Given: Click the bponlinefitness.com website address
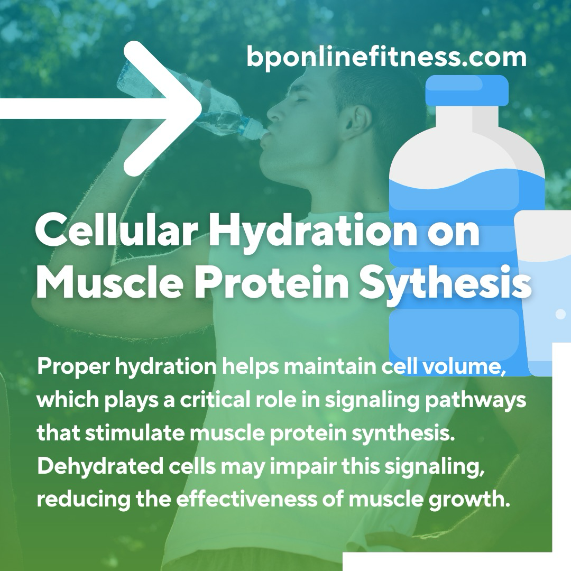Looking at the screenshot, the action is coord(386,57).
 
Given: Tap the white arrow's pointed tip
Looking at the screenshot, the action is coord(201,108).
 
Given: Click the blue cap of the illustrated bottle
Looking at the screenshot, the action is coord(467,90).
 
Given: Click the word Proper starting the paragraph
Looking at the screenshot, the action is coord(73,367).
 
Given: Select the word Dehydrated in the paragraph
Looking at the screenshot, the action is coord(100,466).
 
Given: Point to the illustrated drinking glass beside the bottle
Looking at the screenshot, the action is coord(542,291).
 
